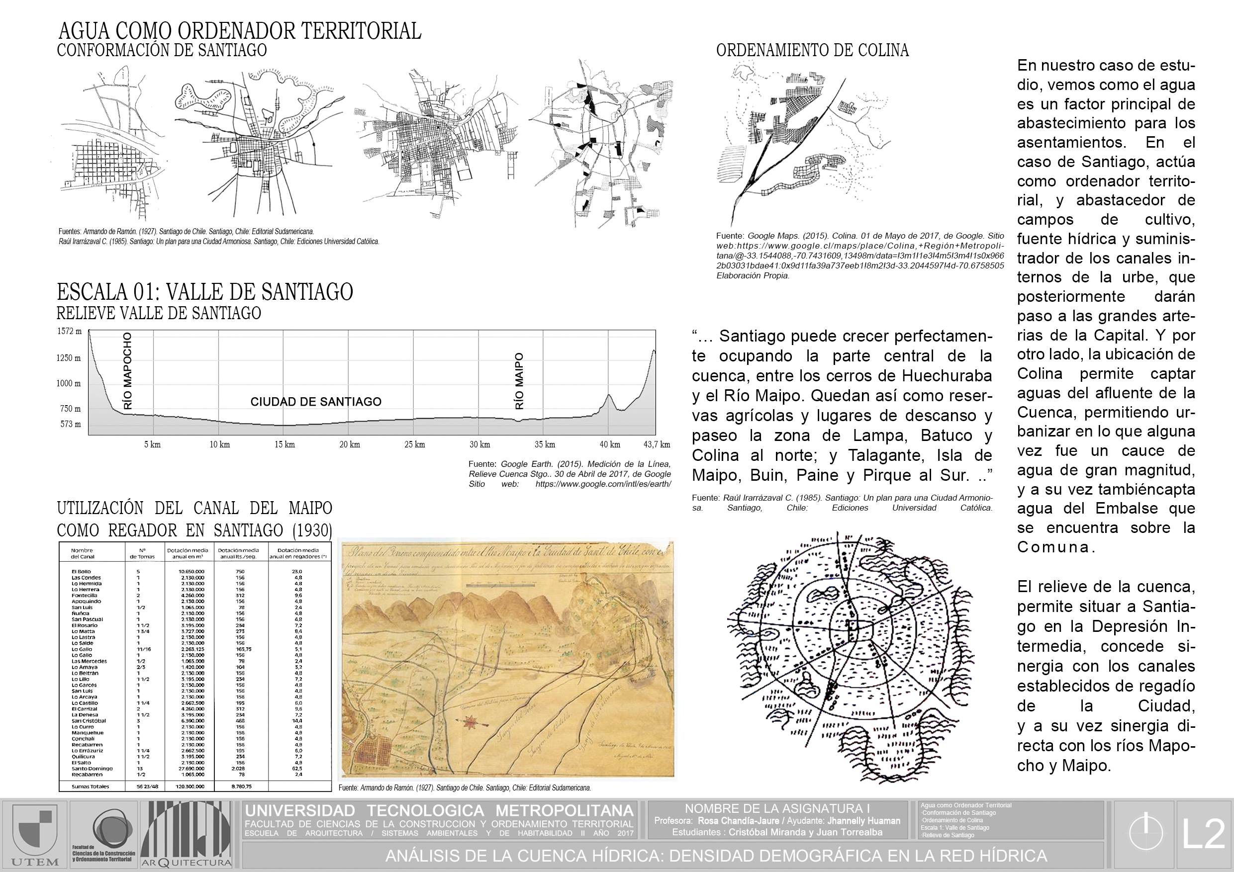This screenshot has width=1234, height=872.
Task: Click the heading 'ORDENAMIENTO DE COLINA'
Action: [812, 51]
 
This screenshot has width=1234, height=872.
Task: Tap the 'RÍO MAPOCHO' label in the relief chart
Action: [127, 371]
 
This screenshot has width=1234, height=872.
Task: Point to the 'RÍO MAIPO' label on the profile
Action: [519, 381]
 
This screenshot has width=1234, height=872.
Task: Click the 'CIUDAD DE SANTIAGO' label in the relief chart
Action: [316, 402]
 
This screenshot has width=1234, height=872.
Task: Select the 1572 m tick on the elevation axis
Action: [69, 332]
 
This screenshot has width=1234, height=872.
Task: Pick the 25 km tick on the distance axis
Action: [414, 444]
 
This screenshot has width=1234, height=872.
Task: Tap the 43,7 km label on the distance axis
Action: [657, 444]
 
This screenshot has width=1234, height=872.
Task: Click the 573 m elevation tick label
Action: [71, 425]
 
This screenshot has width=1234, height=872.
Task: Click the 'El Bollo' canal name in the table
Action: [81, 572]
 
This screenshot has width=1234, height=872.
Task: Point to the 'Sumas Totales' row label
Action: [91, 786]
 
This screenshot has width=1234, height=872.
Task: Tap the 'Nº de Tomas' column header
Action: [142, 553]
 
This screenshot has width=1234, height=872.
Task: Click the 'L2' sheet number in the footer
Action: [1203, 834]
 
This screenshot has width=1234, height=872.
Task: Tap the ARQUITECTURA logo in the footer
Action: [186, 833]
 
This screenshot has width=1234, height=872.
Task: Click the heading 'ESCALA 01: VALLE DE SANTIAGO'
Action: [205, 292]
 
